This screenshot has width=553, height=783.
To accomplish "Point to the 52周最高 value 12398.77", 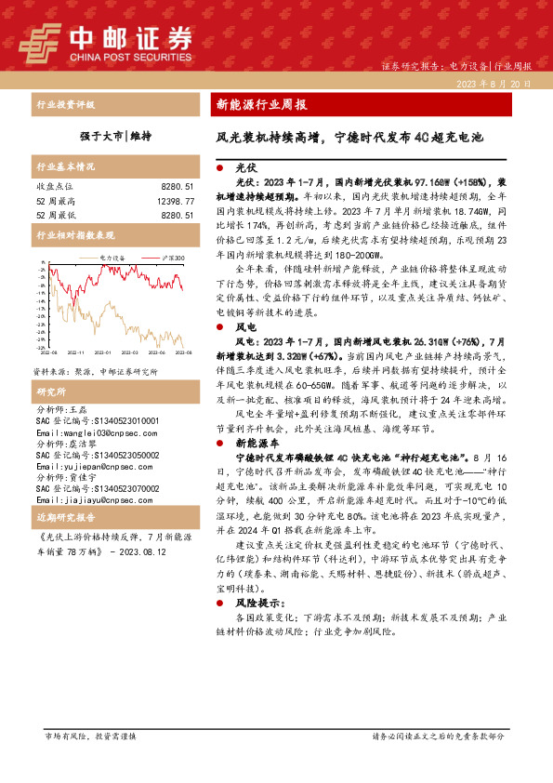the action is [175, 200].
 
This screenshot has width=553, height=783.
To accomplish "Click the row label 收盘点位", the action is [55, 186].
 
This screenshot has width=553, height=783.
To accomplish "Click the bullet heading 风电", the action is [246, 327].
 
